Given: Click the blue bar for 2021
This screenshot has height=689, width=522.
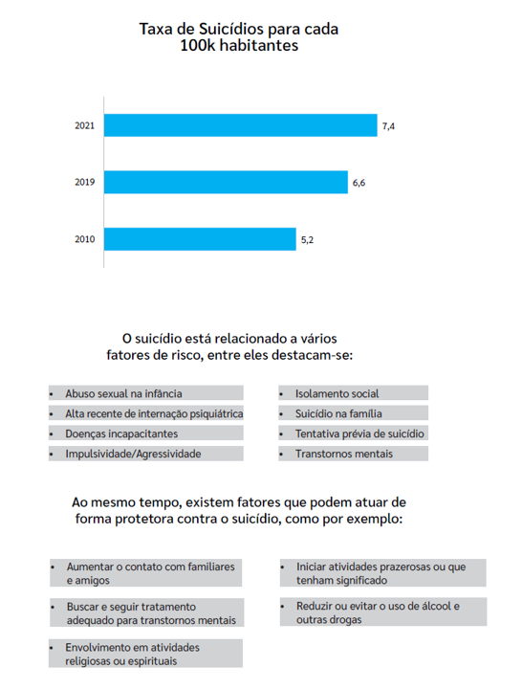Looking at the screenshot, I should pyautogui.click(x=240, y=125).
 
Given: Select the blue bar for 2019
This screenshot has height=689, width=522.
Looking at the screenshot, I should pyautogui.click(x=226, y=182).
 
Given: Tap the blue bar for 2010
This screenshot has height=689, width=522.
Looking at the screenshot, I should pyautogui.click(x=200, y=239).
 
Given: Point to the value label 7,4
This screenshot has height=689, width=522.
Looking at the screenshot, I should pyautogui.click(x=388, y=126).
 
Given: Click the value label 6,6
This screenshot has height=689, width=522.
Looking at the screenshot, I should pyautogui.click(x=359, y=183).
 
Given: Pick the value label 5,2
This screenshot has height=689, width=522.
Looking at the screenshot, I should pyautogui.click(x=307, y=240).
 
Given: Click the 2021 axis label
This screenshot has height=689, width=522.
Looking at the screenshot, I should pyautogui.click(x=84, y=126).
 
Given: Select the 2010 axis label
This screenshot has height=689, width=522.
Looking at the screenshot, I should pyautogui.click(x=84, y=240).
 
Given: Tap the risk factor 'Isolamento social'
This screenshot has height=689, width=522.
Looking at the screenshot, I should pyautogui.click(x=337, y=393).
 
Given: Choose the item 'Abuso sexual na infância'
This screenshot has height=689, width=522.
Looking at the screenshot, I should pyautogui.click(x=123, y=393).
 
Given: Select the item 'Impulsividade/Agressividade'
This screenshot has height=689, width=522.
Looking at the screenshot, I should pyautogui.click(x=133, y=454).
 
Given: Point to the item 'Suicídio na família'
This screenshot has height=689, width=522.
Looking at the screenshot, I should pyautogui.click(x=338, y=413).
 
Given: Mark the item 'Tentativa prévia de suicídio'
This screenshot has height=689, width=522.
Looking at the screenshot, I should pyautogui.click(x=359, y=433).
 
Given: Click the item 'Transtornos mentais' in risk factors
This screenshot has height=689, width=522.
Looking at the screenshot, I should pyautogui.click(x=343, y=454).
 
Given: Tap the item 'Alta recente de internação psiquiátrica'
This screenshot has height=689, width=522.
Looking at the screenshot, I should pyautogui.click(x=153, y=413).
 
